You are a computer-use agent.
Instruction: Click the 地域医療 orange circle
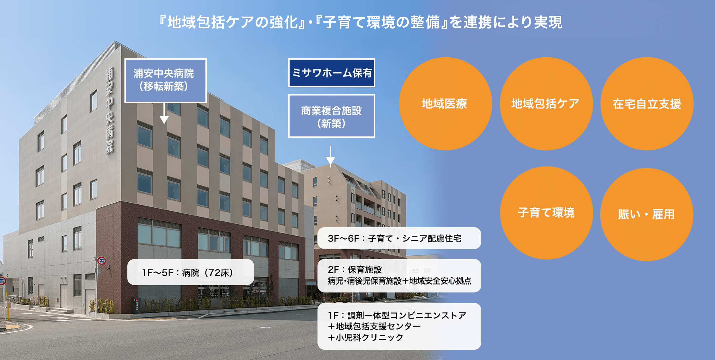pos(445,104)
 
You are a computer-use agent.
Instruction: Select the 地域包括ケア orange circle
pos(546,104)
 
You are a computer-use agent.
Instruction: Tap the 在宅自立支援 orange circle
pos(647,104)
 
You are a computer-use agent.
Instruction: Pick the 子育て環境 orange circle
pos(546,213)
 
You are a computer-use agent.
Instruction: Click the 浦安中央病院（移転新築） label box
pos(165,80)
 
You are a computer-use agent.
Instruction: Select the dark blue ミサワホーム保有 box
pos(332,73)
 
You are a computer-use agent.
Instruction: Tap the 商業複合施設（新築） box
pos(332,116)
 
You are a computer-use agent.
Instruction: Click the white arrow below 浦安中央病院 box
pos(164,113)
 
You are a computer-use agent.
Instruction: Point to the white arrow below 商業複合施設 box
pos(330,156)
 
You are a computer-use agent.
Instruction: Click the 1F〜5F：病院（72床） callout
pos(191,272)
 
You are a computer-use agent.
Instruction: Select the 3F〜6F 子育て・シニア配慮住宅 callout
pos(399,238)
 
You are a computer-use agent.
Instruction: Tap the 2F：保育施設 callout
pos(399,275)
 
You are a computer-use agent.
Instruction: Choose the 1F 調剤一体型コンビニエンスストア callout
pos(399,326)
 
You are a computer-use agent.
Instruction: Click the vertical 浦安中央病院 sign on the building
pos(110,110)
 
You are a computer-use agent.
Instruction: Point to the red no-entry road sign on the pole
pos(102,261)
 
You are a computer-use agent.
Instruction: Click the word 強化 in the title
pos(284,22)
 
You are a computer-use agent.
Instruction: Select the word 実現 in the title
pos(548,22)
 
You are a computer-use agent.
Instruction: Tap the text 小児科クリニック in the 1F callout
pos(369,337)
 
